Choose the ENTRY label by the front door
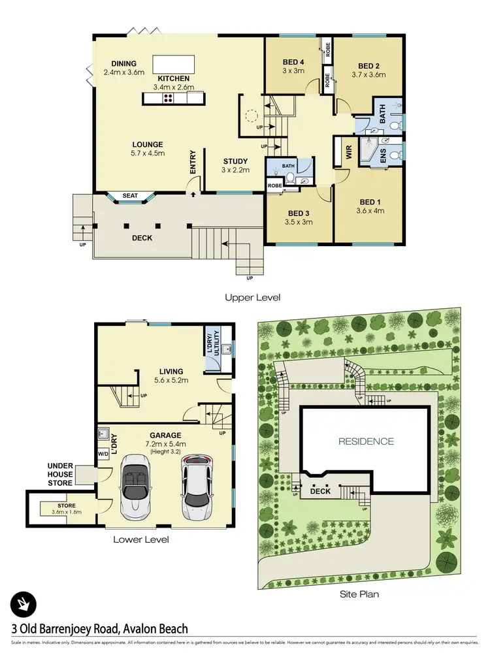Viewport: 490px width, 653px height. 193,162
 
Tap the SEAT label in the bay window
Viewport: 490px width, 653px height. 131,195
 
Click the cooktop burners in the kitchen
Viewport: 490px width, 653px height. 167,98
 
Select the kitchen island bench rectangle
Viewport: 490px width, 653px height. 173,64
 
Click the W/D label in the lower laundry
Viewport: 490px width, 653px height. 103,453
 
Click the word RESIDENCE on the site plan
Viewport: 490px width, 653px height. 366,441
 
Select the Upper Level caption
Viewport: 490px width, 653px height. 252,298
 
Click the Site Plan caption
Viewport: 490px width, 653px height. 359,594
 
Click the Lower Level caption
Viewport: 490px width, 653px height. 141,539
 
